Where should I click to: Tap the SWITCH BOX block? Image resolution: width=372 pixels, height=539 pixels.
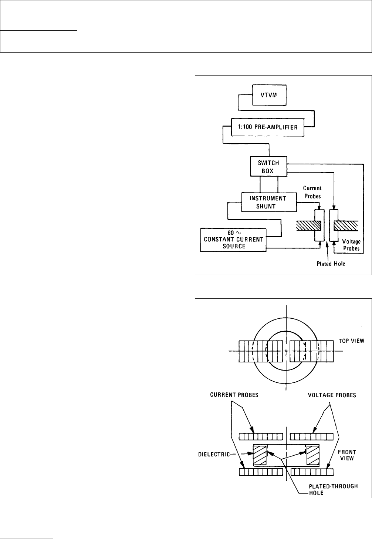click(x=269, y=167)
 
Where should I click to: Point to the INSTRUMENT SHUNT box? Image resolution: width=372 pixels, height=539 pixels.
click(x=269, y=202)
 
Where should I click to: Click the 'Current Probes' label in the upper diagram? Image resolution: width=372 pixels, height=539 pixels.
click(x=312, y=192)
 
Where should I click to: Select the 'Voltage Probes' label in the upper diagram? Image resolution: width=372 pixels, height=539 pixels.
click(x=351, y=245)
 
